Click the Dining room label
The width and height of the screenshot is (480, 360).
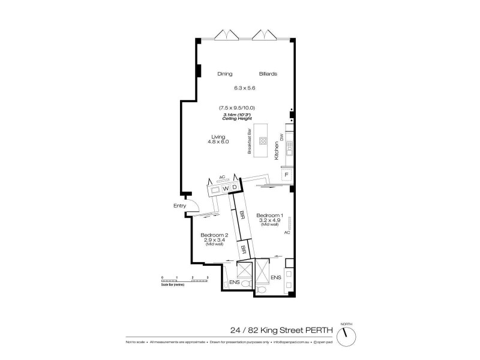[224, 74]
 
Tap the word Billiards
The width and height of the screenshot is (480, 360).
[268, 74]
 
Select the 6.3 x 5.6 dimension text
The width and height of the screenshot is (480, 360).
[245, 88]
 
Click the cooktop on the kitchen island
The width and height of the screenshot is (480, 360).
[263, 142]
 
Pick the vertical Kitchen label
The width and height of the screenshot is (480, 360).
[277, 149]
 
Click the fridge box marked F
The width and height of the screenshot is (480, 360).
[287, 175]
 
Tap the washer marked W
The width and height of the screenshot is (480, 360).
[226, 188]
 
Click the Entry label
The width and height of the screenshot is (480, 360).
[179, 206]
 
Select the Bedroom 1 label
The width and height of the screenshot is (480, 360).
[269, 215]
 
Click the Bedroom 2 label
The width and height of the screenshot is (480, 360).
[214, 235]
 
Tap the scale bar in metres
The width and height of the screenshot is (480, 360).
[184, 278]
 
